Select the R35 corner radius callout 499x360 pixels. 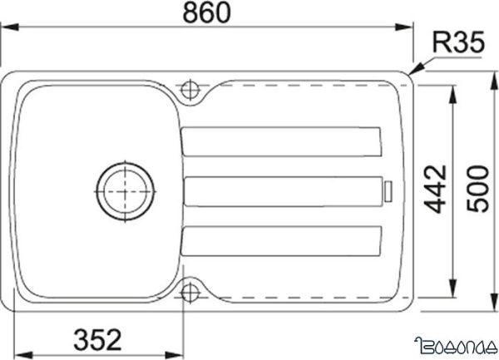tap(457, 44)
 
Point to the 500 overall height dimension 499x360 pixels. tap(477, 190)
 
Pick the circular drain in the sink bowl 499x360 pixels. tap(125, 190)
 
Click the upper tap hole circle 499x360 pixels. tap(190, 88)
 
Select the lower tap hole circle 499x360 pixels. tap(190, 292)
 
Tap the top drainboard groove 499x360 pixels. tap(282, 141)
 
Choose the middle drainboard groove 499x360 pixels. tap(282, 191)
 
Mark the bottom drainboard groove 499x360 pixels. tap(282, 240)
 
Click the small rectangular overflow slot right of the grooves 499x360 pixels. tap(387, 190)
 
